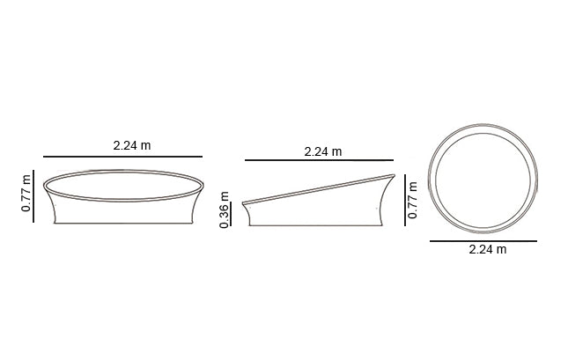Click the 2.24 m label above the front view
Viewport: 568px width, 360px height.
pyautogui.click(x=132, y=145)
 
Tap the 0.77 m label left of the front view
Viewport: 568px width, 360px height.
pyautogui.click(x=26, y=194)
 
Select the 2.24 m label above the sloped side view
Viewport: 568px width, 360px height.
pyautogui.click(x=323, y=151)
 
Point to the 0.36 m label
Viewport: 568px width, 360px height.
pyautogui.click(x=225, y=210)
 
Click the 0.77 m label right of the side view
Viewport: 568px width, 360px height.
pyautogui.click(x=413, y=201)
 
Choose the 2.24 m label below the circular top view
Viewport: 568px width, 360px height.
pyautogui.click(x=488, y=250)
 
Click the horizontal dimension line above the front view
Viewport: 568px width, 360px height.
pyautogui.click(x=122, y=157)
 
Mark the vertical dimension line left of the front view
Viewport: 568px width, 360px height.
pyautogui.click(x=33, y=196)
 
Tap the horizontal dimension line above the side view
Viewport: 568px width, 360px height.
pyautogui.click(x=319, y=159)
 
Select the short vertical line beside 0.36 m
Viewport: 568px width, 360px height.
pyautogui.click(x=231, y=214)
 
